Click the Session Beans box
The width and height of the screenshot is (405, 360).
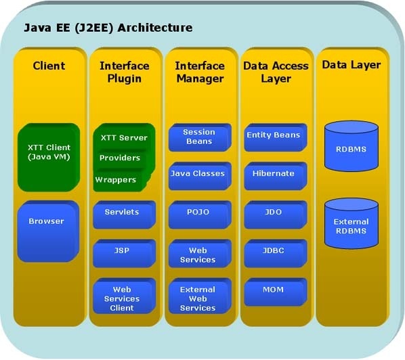200,137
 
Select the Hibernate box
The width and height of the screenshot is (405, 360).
276,176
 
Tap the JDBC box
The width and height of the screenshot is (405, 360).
276,253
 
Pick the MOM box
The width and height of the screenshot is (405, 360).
276,292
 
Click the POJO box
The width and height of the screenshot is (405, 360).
200,215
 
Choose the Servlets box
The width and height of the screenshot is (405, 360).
124,215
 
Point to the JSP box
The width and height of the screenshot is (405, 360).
124,253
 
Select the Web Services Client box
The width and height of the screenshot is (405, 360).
124,296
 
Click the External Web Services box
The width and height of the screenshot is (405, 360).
200,296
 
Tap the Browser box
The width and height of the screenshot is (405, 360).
48,231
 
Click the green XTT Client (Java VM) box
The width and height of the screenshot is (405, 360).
49,158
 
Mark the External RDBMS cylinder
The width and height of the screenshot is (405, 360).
351,223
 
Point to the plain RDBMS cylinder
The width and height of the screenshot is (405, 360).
351,146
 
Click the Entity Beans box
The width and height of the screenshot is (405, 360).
276,137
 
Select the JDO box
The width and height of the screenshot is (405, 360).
276,215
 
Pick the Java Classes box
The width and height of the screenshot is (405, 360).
200,176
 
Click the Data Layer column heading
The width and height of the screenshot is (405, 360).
351,65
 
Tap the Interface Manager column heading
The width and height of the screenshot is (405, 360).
200,72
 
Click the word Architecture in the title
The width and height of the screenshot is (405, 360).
155,28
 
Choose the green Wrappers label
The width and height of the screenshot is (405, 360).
115,180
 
